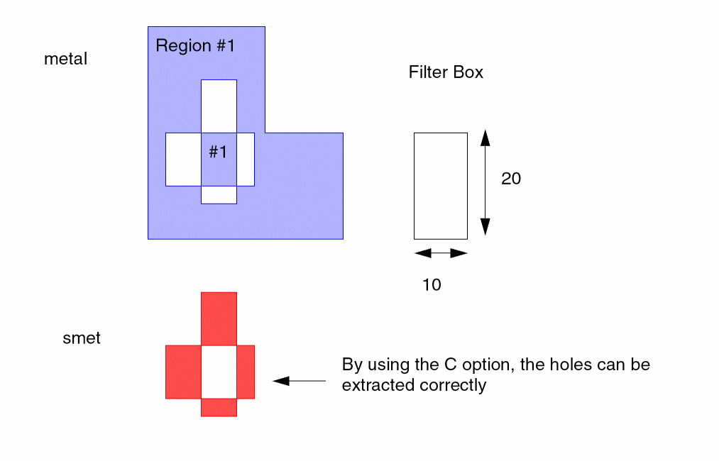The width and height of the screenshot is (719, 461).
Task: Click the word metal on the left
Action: pos(65,60)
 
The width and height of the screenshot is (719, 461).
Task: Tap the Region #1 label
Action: pos(194,47)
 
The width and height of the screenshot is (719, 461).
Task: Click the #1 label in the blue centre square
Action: pos(218,152)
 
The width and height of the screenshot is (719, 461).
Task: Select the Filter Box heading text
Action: pos(446,72)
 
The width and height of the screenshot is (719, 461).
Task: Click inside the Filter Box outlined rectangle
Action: pos(440,186)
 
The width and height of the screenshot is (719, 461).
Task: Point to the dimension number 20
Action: pos(511,179)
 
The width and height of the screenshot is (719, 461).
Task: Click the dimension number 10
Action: pos(432,285)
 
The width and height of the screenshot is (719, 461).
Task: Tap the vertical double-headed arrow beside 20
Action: pos(485,182)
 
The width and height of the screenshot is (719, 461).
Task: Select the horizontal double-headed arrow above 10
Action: pos(441,253)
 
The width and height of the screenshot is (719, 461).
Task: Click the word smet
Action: pos(82,338)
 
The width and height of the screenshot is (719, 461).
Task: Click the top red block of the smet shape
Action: pos(219,318)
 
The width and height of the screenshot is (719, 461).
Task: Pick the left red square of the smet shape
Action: pos(183,372)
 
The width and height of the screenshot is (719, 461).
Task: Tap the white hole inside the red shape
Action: pos(219,372)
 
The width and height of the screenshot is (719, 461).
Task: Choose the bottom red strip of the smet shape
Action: pos(219,407)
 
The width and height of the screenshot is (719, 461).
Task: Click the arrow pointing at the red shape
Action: pos(299,381)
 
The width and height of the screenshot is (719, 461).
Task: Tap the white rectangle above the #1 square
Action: pos(219,106)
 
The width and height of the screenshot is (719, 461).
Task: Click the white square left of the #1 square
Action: pos(183,159)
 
